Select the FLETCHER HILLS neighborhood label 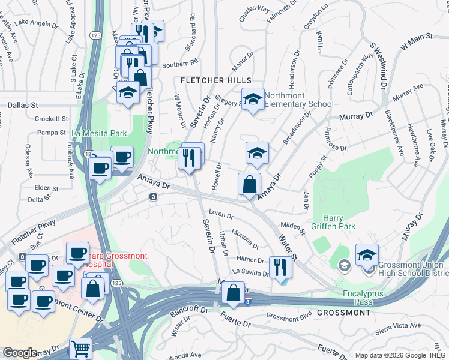218,80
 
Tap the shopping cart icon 80,347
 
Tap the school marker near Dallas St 128,92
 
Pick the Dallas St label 19,105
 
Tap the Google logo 20,353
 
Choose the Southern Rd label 179,63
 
